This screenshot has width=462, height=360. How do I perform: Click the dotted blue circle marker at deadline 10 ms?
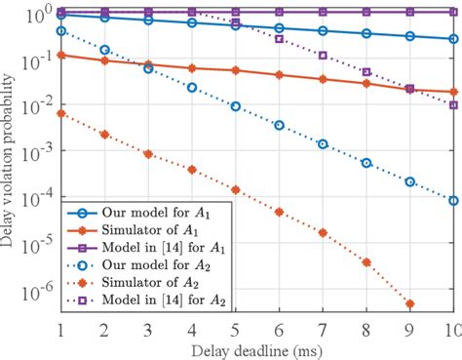(452, 201)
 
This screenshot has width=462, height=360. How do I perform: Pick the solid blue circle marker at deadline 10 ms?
(452, 39)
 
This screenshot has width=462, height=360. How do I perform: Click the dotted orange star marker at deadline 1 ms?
(61, 113)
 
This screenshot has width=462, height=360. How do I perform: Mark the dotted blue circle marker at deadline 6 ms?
(279, 125)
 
